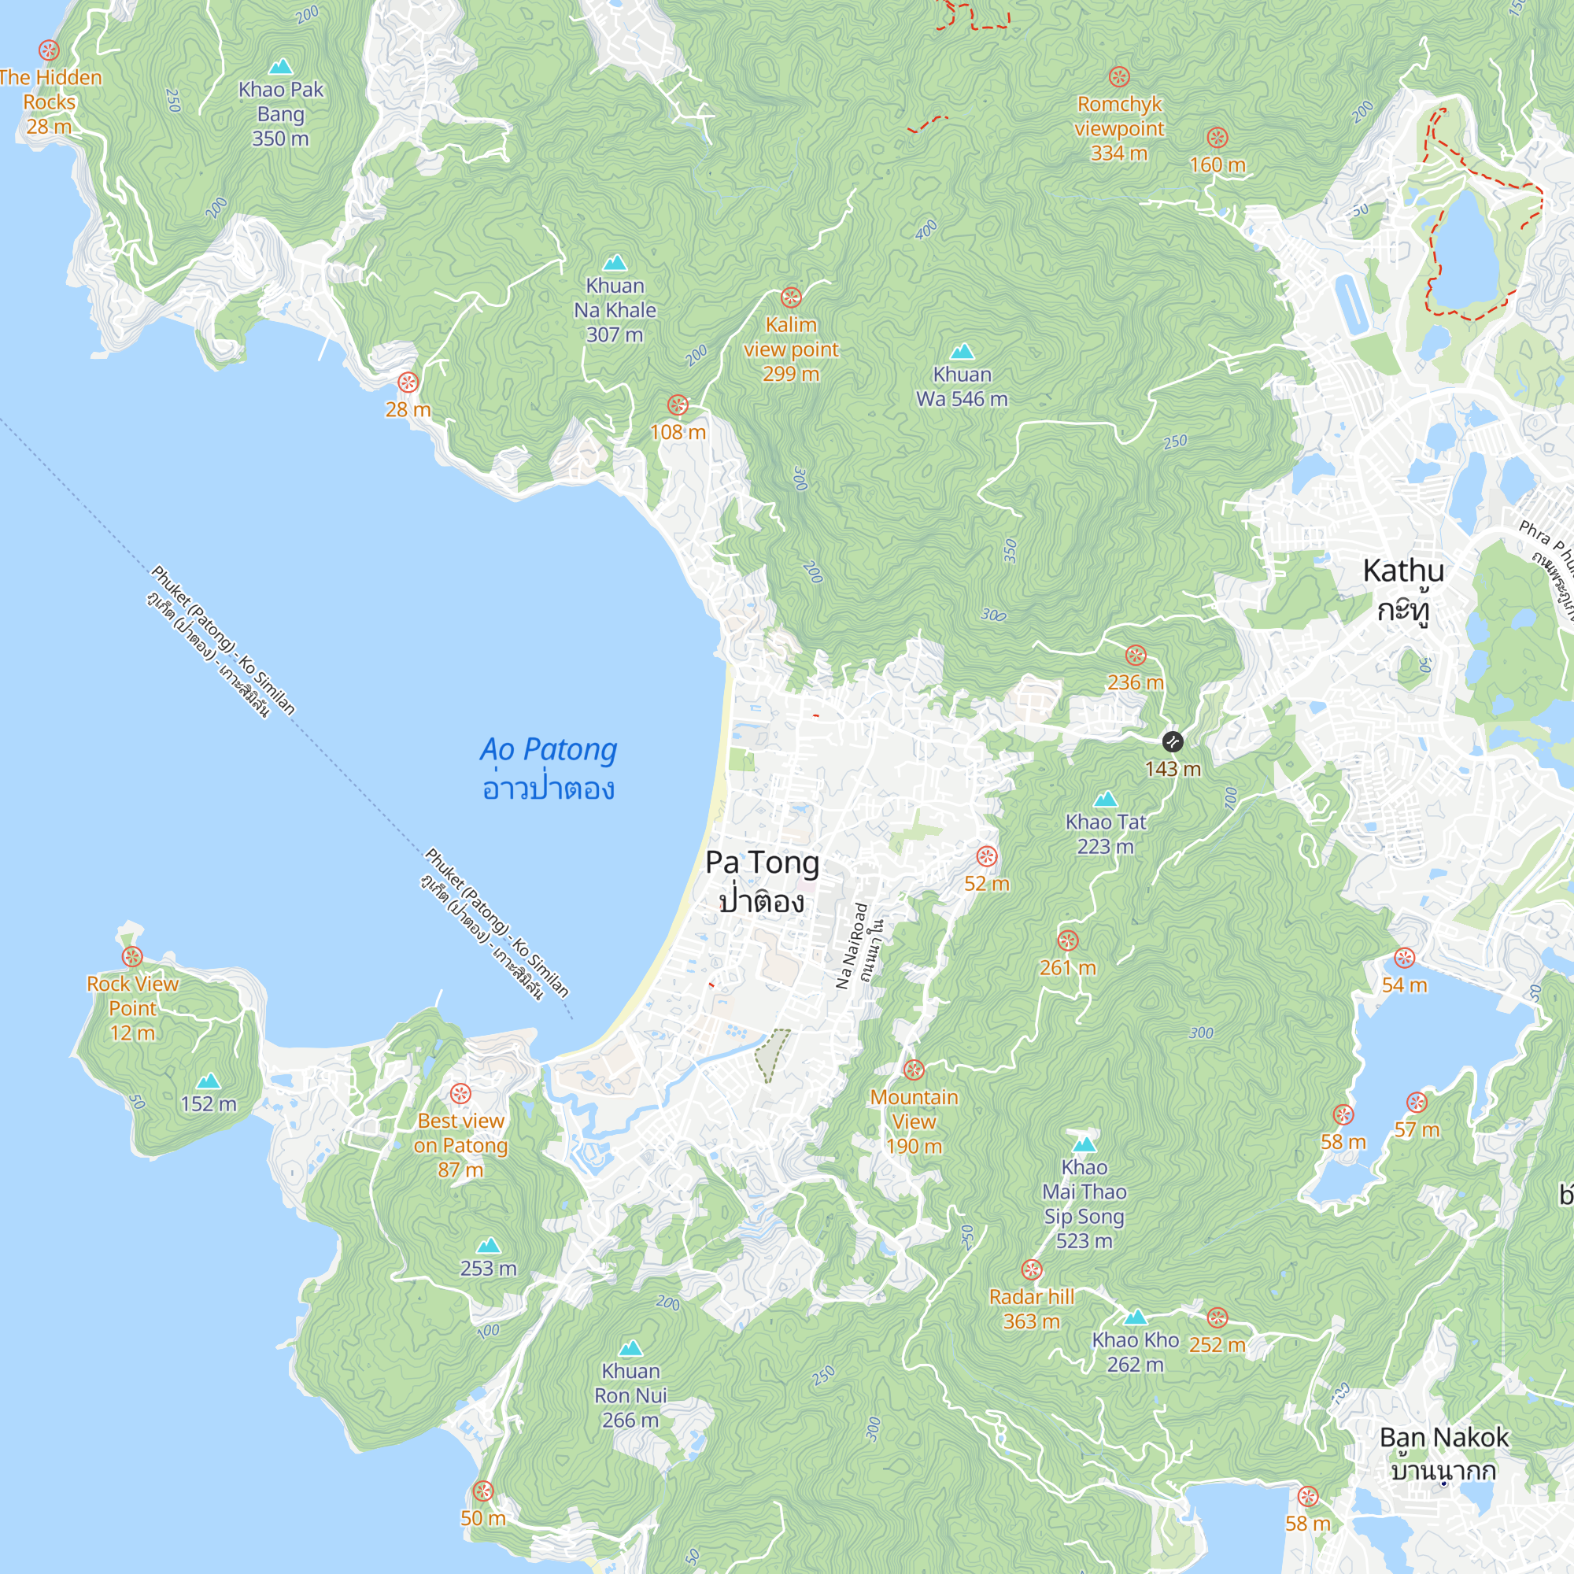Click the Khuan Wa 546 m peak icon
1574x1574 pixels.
pyautogui.click(x=963, y=352)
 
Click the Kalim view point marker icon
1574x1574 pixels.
pyautogui.click(x=791, y=297)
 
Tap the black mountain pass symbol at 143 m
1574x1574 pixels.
pyautogui.click(x=1173, y=741)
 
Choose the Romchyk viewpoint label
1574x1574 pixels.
pyautogui.click(x=1119, y=128)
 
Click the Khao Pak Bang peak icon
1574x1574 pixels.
pyautogui.click(x=280, y=67)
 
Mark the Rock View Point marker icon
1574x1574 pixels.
pyautogui.click(x=132, y=956)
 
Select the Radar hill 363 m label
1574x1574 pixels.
pyautogui.click(x=1032, y=1309)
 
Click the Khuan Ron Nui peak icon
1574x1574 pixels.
pyautogui.click(x=630, y=1349)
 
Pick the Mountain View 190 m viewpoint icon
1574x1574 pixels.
pyautogui.click(x=914, y=1070)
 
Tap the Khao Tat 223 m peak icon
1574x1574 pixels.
pyautogui.click(x=1106, y=800)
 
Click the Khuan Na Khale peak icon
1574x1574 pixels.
pyautogui.click(x=615, y=263)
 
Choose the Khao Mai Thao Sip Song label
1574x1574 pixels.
pyautogui.click(x=1084, y=1203)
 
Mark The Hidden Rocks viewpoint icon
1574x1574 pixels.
pyautogui.click(x=49, y=50)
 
